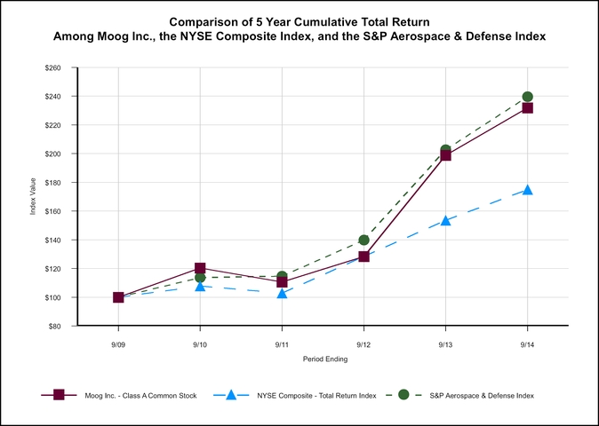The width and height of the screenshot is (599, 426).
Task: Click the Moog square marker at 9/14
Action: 528,108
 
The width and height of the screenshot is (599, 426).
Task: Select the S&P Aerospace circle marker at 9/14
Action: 528,97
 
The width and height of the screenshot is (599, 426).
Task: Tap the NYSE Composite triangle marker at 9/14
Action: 528,190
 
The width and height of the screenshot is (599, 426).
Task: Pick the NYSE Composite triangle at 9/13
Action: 446,220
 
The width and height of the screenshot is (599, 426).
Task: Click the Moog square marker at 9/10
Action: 200,268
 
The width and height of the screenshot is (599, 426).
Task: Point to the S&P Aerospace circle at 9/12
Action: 363,240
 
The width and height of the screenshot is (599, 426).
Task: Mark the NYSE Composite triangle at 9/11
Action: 282,293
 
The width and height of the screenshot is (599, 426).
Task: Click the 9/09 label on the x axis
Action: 118,343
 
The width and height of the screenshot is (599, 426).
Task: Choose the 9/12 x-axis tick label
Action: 363,343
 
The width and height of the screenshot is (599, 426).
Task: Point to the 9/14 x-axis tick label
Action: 528,343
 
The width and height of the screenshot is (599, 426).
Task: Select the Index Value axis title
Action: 34,197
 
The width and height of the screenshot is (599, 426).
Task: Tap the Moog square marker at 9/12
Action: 363,256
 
